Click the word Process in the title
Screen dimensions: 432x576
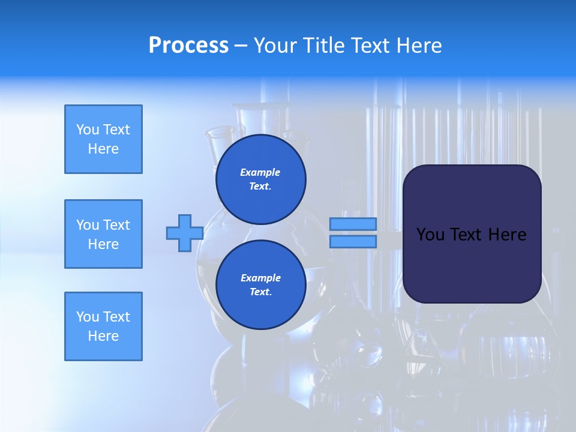point(188,46)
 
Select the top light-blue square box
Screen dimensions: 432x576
point(103,139)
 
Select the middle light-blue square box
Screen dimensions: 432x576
point(103,234)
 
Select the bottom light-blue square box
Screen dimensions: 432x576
point(103,326)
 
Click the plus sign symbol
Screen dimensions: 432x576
point(184,233)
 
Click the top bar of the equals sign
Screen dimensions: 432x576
point(353,224)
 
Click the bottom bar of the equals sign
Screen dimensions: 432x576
point(353,242)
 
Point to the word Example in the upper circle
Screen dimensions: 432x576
point(260,172)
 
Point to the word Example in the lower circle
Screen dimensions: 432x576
point(260,278)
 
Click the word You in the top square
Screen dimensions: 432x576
point(88,130)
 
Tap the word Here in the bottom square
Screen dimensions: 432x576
point(103,336)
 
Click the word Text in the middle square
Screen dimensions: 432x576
point(116,225)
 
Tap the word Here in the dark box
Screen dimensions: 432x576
point(508,235)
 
